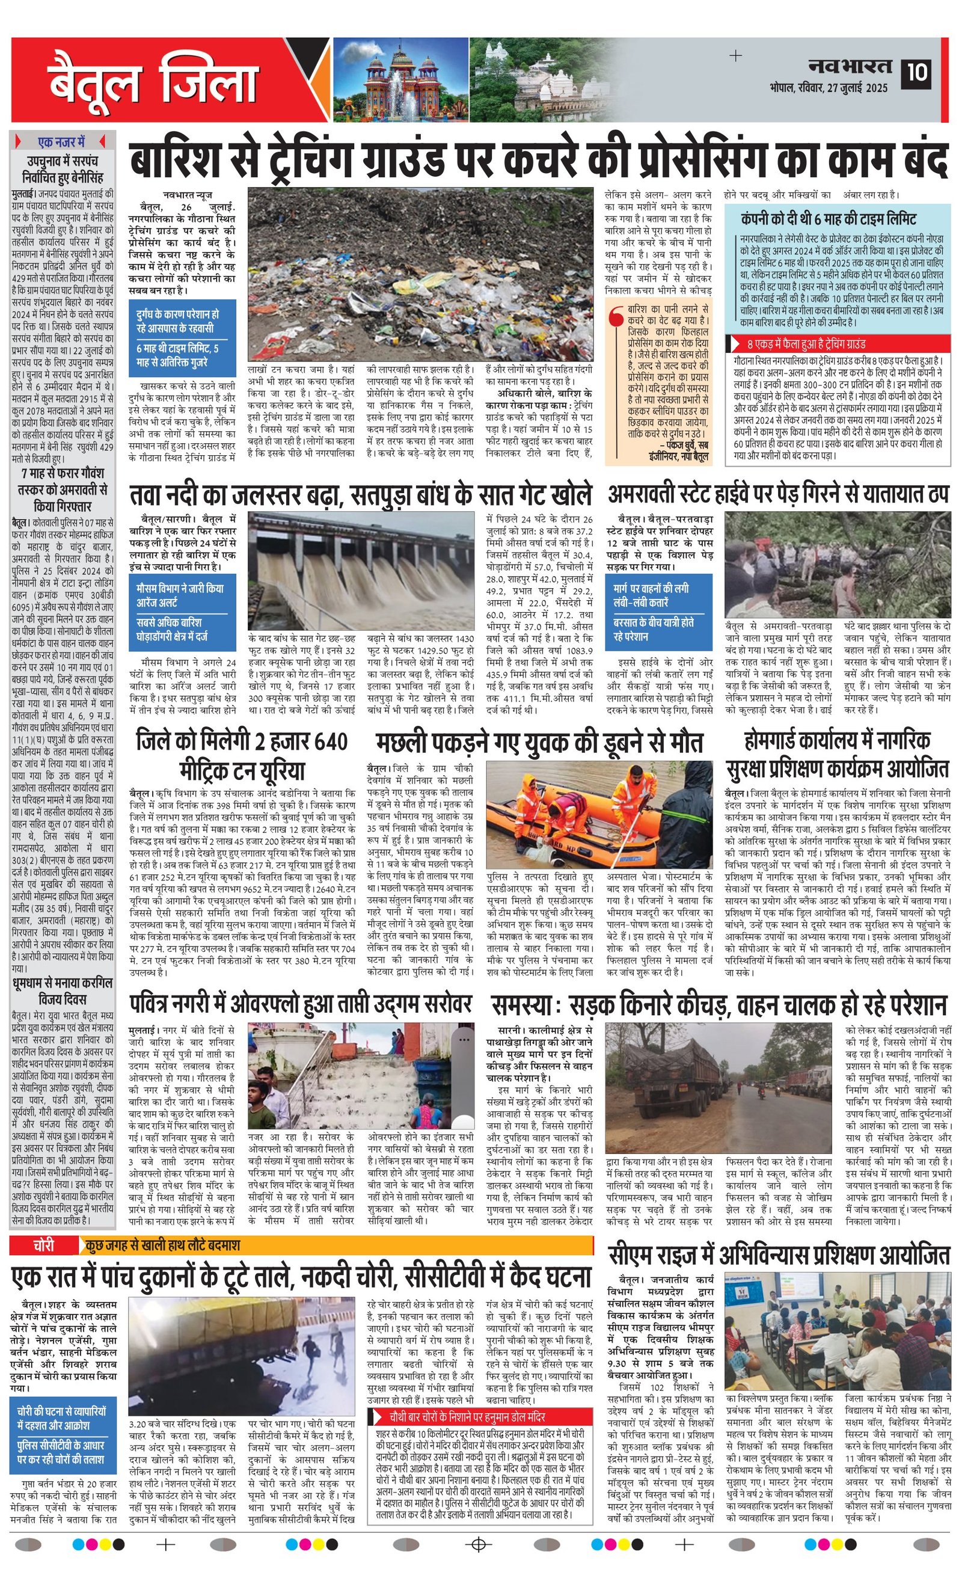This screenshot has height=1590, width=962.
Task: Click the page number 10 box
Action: coord(916,72)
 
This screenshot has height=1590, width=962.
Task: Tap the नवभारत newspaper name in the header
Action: coord(851,66)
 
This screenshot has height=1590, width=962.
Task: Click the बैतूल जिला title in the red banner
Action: coord(152,81)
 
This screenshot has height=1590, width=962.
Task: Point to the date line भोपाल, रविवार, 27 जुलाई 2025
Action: coord(829,88)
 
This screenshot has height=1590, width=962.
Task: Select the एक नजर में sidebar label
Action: coord(62,141)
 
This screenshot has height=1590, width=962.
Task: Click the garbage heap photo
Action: coord(420,275)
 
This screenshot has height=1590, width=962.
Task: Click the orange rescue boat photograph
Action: coord(599,814)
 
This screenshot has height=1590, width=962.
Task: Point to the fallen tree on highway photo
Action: coord(838,565)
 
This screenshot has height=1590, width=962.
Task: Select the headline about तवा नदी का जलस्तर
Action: coord(360,495)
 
